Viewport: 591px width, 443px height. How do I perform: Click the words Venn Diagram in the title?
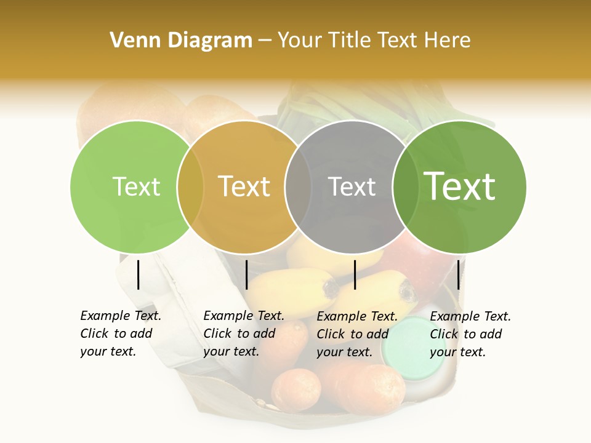181,41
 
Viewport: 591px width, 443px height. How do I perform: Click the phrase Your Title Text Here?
374,41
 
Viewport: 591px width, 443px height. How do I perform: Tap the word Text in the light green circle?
136,186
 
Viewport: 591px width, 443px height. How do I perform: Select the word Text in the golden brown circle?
244,186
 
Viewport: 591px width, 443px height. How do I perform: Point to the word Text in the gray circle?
352,186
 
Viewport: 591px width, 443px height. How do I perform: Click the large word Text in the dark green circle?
459,186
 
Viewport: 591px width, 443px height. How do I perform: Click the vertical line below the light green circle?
138,274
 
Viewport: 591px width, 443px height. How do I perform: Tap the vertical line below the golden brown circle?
246,274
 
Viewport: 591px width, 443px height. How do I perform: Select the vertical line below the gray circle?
355,274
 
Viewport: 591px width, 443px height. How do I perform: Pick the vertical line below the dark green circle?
458,274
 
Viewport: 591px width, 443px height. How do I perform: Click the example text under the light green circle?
120,333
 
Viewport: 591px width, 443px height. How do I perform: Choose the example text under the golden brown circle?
243,333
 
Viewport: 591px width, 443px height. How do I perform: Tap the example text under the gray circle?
356,334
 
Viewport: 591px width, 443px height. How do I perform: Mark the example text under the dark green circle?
470,334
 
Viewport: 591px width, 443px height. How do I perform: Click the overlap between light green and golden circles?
190,187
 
